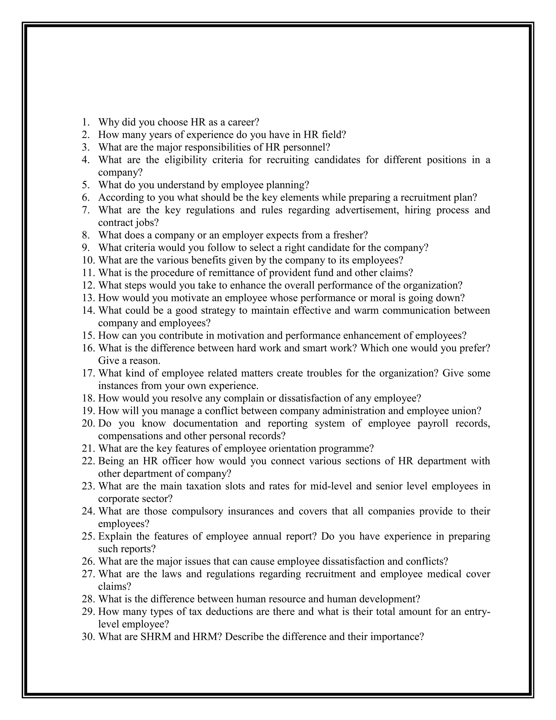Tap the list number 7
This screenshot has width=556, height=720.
coord(86,210)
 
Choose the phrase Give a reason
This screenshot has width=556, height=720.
coord(129,360)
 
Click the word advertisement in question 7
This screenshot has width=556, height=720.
coord(367,210)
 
